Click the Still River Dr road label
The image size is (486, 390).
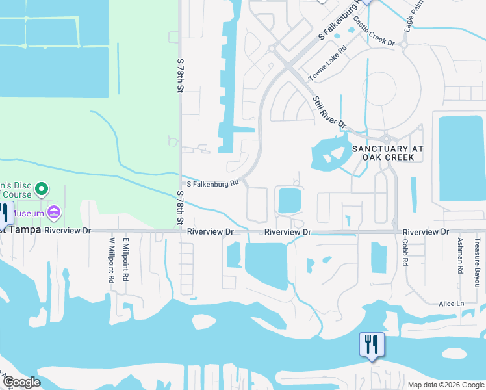329,112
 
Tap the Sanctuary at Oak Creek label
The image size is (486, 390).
387,153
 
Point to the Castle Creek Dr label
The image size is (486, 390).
374,32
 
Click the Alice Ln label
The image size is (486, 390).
451,304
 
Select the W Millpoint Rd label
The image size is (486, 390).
111,259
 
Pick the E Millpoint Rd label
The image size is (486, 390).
126,258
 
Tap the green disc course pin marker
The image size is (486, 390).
42,189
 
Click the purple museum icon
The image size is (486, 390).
54,213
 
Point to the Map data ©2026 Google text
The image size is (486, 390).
446,385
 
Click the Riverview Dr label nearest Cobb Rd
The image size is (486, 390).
426,232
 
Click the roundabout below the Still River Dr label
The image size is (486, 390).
388,138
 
